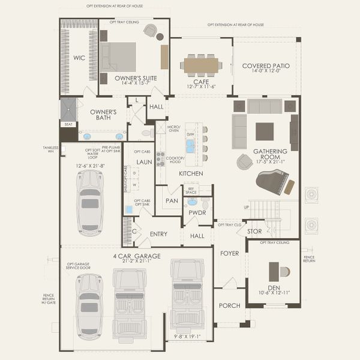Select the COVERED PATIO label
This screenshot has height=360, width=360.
tap(266, 65)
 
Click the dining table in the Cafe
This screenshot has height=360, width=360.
tap(200, 64)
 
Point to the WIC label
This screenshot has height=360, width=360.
tap(79, 58)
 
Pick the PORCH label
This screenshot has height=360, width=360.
tap(230, 305)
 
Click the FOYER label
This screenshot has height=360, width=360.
tap(229, 253)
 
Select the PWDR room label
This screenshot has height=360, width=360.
tap(197, 212)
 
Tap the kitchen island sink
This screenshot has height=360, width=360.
tap(190, 146)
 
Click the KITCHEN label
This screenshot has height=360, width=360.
tap(191, 173)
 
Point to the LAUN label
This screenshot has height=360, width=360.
tap(144, 162)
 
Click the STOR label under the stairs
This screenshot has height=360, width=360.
tap(254, 230)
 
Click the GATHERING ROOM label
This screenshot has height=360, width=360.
tap(270, 155)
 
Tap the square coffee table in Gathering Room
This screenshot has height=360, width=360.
tap(264, 130)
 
